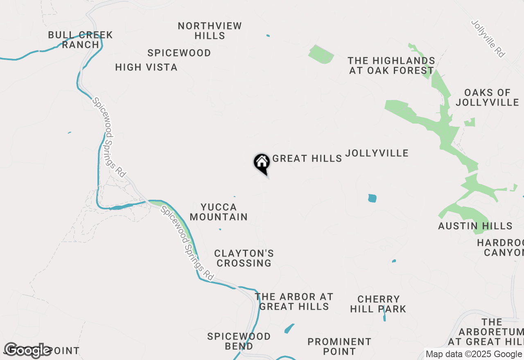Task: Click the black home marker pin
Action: (x=262, y=163)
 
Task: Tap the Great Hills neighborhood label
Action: (x=307, y=158)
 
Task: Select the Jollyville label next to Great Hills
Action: (x=377, y=153)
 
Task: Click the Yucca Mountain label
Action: (x=219, y=212)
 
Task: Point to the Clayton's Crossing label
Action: (x=244, y=258)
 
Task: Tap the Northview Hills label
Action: (x=210, y=31)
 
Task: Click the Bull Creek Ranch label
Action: (x=80, y=40)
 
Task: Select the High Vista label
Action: (x=146, y=67)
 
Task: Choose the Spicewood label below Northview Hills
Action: (x=179, y=53)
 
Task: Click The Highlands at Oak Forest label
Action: (x=391, y=65)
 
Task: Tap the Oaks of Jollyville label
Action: (x=487, y=97)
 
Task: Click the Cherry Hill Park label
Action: (x=378, y=304)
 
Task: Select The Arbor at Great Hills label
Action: (x=294, y=301)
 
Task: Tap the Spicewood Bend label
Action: (x=239, y=341)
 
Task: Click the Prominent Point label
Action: (x=339, y=346)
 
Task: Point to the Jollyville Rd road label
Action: (x=488, y=38)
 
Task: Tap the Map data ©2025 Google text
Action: (x=474, y=354)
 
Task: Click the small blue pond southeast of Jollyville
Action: (x=372, y=198)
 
